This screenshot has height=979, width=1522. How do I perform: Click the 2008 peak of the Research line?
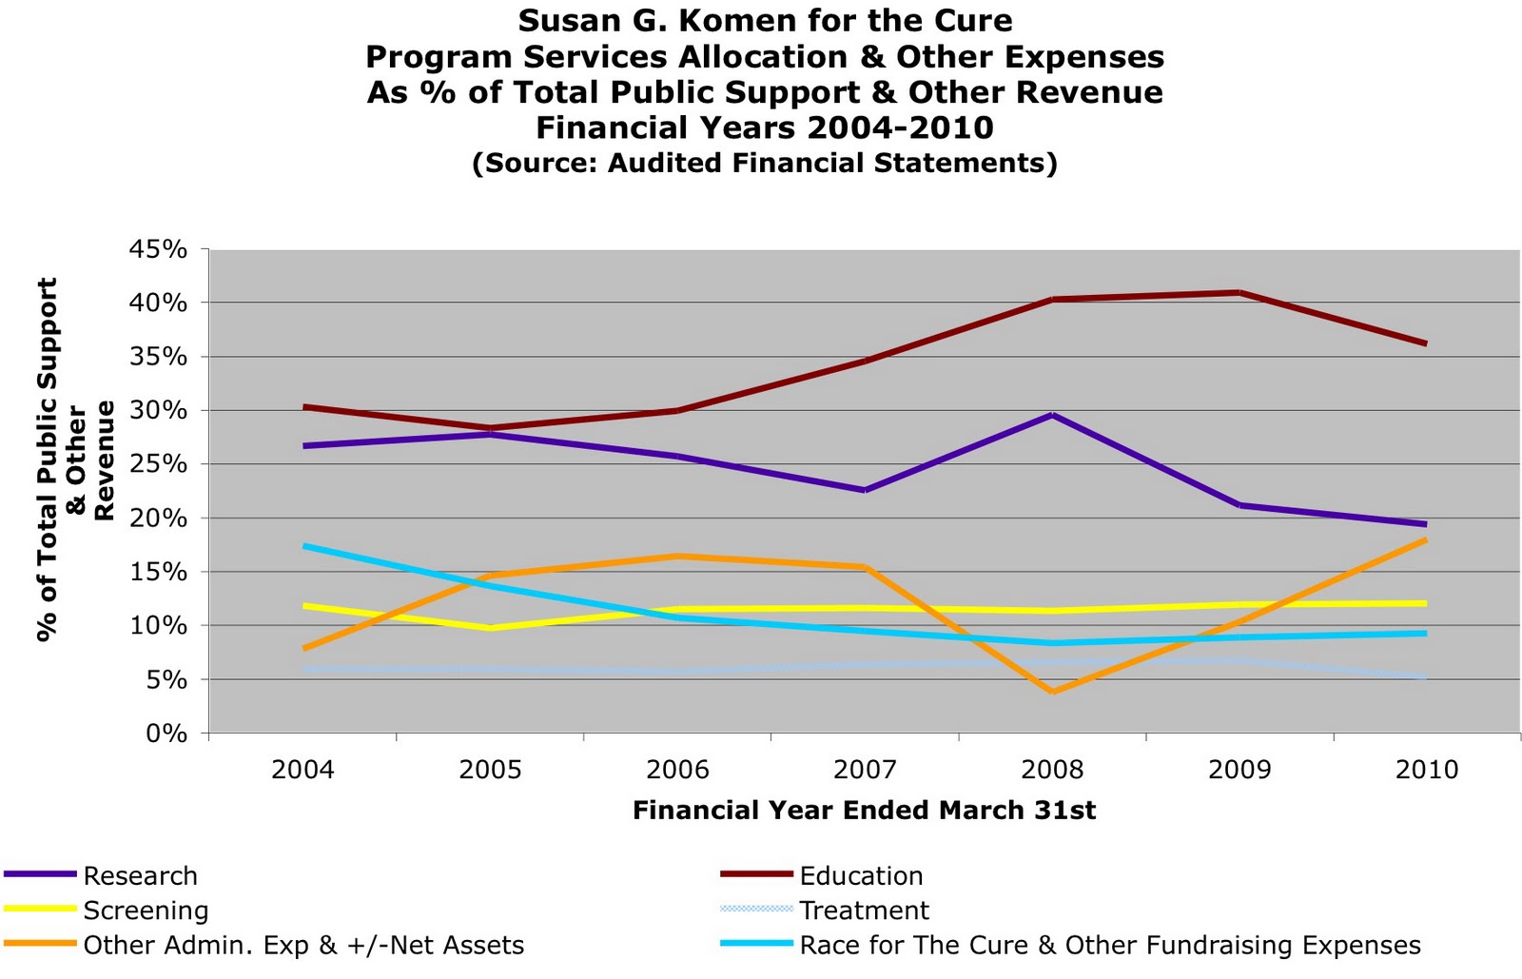click(x=1052, y=415)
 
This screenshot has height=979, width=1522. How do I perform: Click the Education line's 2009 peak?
click(x=1239, y=292)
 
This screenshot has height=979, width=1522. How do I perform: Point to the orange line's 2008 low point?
click(x=1052, y=692)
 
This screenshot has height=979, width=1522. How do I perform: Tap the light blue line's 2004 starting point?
click(x=304, y=546)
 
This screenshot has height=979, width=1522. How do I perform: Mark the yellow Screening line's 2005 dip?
click(x=491, y=628)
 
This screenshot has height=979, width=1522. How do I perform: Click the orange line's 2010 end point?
click(x=1425, y=540)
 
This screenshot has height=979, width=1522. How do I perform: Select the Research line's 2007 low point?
click(x=865, y=490)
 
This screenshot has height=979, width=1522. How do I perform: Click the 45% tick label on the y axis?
click(x=158, y=249)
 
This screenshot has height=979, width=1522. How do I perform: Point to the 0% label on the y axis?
click(x=166, y=734)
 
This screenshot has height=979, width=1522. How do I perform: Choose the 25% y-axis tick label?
click(x=158, y=464)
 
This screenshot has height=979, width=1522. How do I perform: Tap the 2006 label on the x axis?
click(x=677, y=769)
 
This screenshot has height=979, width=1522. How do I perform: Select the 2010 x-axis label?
click(x=1426, y=769)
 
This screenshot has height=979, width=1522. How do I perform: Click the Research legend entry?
click(x=140, y=875)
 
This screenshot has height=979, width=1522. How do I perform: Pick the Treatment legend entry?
click(x=864, y=910)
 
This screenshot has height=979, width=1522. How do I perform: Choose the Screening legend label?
click(x=146, y=910)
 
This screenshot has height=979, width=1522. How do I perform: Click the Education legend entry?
click(x=861, y=875)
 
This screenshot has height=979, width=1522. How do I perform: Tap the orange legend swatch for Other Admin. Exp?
click(x=40, y=945)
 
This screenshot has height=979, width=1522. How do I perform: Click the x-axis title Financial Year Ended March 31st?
click(x=864, y=810)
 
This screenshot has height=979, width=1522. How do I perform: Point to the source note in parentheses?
click(x=765, y=163)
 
